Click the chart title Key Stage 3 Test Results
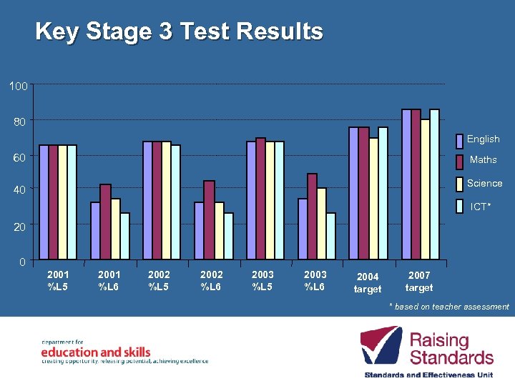pos(179,32)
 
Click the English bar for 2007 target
pos(406,184)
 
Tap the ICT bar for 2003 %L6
pos(330,236)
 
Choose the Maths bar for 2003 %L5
pos(260,199)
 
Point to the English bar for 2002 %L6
pos(200,231)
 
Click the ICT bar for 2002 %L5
pos(175,202)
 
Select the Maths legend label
pos(483,160)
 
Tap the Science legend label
pos(484,184)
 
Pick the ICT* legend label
pos(480,207)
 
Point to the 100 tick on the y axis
pos(18,86)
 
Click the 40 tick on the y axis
pos(18,191)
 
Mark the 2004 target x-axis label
pos(368,283)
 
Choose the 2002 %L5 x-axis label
pos(160,280)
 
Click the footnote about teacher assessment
pos(448,307)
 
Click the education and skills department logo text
pos(96,352)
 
